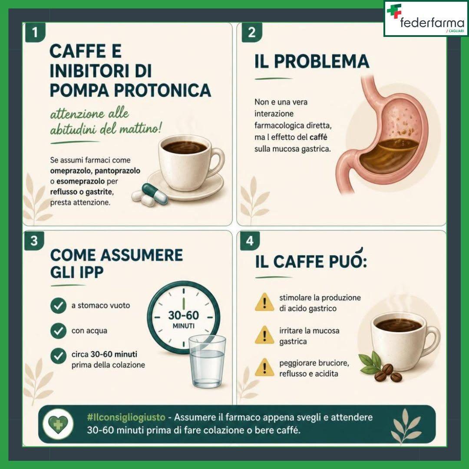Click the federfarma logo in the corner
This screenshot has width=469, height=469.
click(426, 19)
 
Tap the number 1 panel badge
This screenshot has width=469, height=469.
click(35, 32)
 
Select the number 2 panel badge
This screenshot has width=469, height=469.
click(251, 32)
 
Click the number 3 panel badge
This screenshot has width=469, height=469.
click(34, 241)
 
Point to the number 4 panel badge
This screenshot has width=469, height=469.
click(250, 241)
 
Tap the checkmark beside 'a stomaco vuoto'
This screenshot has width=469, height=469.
click(58, 305)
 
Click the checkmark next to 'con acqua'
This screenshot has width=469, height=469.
click(58, 330)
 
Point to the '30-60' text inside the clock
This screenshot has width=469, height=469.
click(183, 315)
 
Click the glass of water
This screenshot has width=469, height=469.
click(208, 361)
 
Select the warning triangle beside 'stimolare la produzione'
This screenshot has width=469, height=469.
click(264, 302)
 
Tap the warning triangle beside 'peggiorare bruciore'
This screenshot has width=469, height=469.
click(264, 368)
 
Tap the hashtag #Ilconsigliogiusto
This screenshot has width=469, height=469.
click(126, 417)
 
